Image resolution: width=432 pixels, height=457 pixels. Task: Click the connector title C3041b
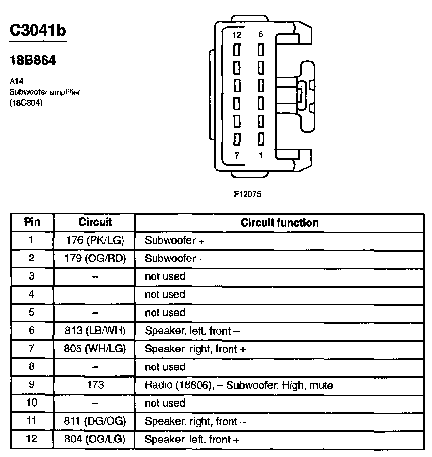[x=38, y=30]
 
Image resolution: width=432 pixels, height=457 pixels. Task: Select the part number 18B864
[x=32, y=61]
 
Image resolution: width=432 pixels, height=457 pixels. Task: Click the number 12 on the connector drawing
[x=237, y=35]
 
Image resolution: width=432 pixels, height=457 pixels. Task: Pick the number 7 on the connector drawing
[x=237, y=155]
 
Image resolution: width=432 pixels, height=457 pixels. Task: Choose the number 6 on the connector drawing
[x=261, y=35]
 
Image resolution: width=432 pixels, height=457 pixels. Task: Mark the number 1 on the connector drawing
[x=261, y=155]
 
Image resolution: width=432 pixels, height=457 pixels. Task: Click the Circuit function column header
[x=279, y=223]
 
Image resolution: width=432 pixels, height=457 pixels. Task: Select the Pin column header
[x=32, y=222]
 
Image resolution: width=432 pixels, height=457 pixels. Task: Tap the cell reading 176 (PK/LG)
[x=95, y=240]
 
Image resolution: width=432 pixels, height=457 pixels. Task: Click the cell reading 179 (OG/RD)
[x=95, y=259]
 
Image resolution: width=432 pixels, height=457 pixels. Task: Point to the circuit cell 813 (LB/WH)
[x=95, y=331]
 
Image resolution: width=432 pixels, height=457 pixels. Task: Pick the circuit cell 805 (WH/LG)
[x=95, y=349]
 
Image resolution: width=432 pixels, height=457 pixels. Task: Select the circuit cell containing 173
[x=95, y=385]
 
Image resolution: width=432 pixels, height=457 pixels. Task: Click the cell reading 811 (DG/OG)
[x=95, y=422]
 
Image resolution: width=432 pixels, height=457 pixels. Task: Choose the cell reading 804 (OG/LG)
[x=95, y=440]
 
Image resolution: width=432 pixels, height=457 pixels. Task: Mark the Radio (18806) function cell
[x=239, y=386]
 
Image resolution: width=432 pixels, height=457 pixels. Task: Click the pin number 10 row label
[x=32, y=403]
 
